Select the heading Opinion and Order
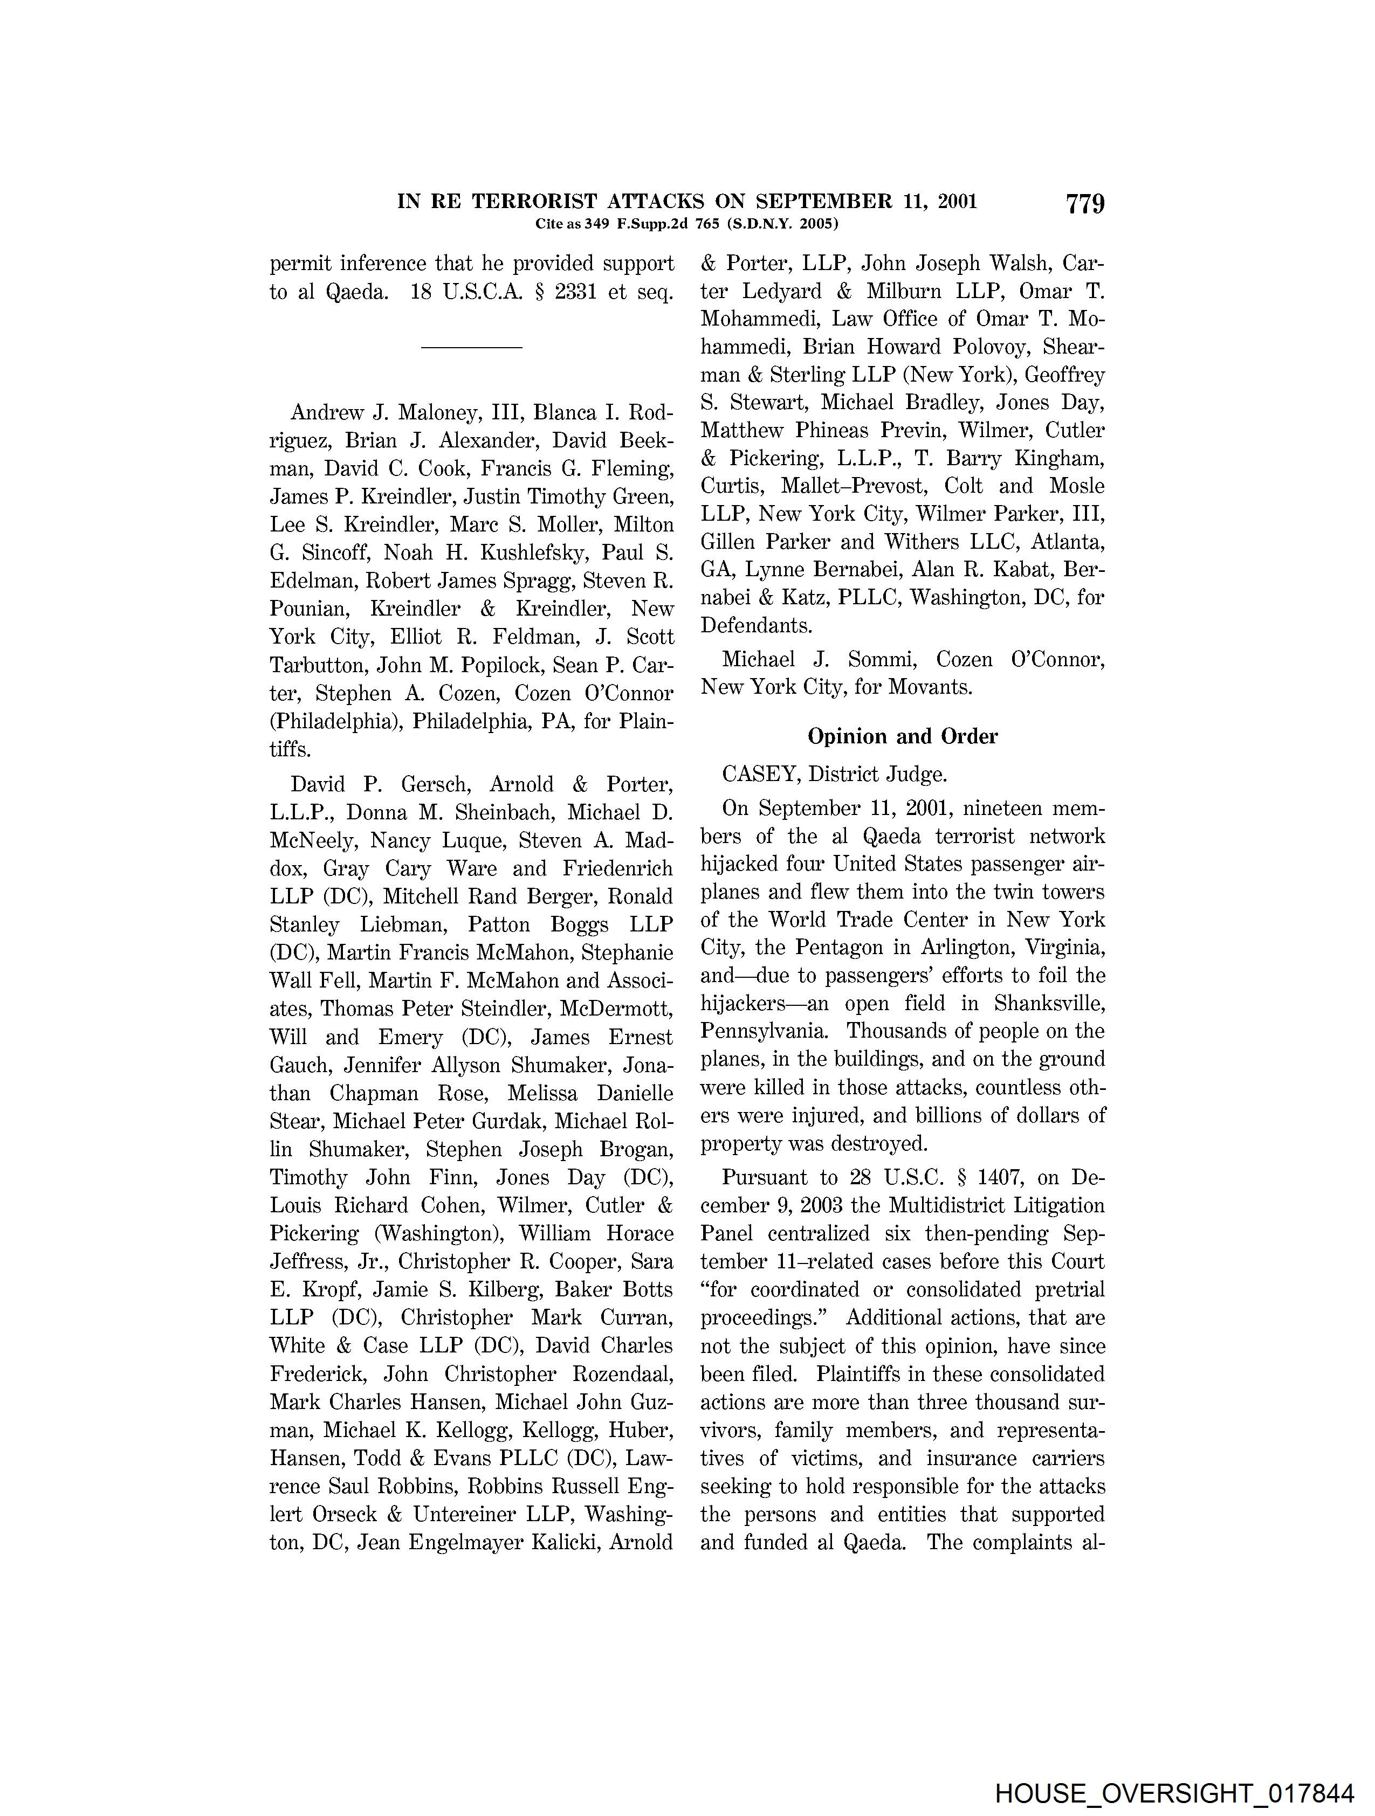pyautogui.click(x=902, y=736)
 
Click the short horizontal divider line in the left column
pyautogui.click(x=471, y=347)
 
